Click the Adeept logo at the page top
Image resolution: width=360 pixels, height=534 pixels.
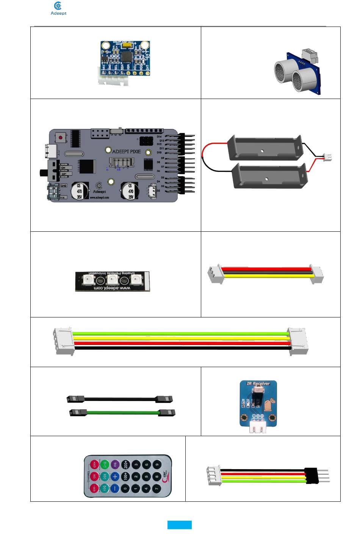pyautogui.click(x=58, y=8)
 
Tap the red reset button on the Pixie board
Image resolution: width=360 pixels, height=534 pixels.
pyautogui.click(x=60, y=137)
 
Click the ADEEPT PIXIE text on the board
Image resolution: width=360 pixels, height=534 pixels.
pyautogui.click(x=126, y=151)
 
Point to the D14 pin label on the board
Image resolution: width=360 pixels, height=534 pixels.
pyautogui.click(x=159, y=137)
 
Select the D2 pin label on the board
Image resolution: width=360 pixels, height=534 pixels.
pyautogui.click(x=158, y=191)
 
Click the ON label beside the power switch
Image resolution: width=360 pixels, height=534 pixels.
pyautogui.click(x=63, y=168)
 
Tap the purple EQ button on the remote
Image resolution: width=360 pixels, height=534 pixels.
pyautogui.click(x=115, y=465)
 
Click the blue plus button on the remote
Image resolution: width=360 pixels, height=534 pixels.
pyautogui.click(x=115, y=476)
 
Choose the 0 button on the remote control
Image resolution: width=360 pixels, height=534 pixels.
pyautogui.click(x=125, y=488)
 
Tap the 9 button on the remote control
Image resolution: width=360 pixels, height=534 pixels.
pyautogui.click(x=157, y=465)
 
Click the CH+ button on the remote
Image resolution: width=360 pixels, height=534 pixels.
pyautogui.click(x=94, y=465)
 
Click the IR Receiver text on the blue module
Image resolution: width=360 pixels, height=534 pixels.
pyautogui.click(x=258, y=383)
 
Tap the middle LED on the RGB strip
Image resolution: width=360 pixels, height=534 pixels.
pyautogui.click(x=112, y=280)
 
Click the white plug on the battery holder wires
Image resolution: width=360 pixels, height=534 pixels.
pyautogui.click(x=327, y=157)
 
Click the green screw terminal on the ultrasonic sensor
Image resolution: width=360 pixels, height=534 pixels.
pyautogui.click(x=309, y=55)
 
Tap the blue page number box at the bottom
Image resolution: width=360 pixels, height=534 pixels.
pyautogui.click(x=180, y=525)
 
